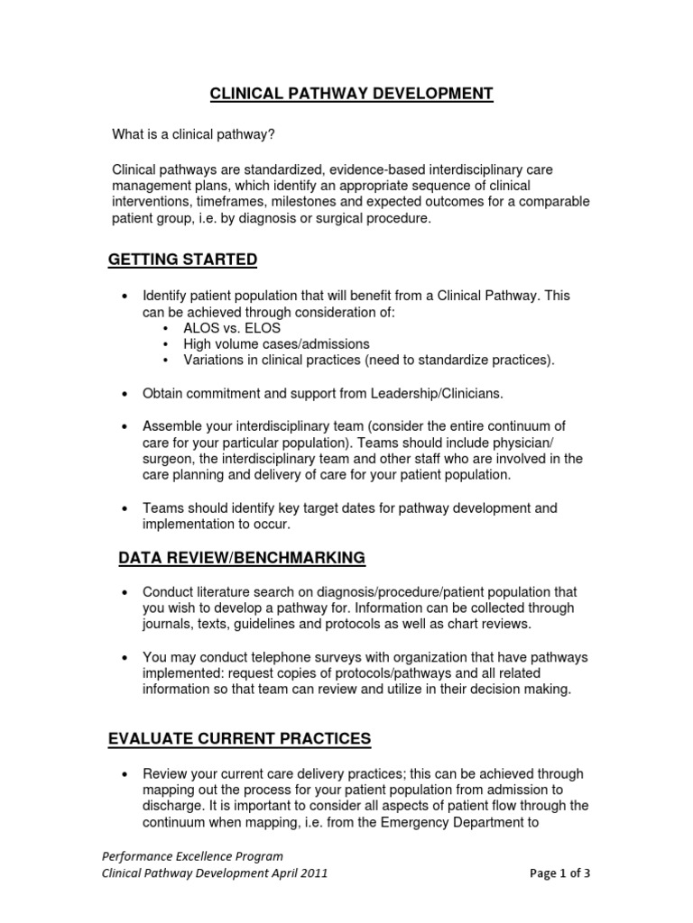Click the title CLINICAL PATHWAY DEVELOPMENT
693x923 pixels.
point(352,94)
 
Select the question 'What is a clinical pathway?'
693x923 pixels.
point(193,134)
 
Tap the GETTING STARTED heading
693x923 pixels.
point(182,260)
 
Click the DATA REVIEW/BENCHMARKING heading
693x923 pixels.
point(242,558)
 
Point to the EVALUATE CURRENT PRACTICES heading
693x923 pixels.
point(239,738)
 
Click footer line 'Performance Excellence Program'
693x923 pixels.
point(191,855)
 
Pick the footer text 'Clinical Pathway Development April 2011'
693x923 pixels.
point(214,873)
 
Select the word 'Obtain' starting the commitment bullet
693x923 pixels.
point(164,393)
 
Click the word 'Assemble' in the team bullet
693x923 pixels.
point(172,425)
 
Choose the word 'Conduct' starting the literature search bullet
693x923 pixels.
point(170,591)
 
